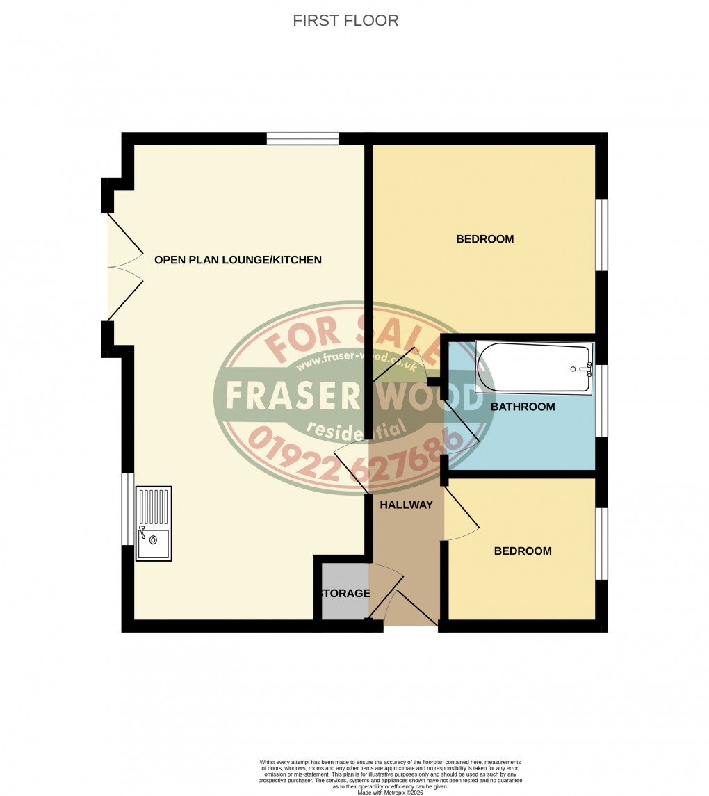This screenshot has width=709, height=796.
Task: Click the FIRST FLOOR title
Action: (345, 20)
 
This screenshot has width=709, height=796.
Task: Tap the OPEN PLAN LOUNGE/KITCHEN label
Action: (238, 260)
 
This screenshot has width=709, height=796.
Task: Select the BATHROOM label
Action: (523, 407)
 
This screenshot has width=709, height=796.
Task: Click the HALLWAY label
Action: (406, 505)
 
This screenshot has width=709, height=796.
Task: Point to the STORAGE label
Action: (345, 594)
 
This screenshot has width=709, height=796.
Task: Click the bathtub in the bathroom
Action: (533, 368)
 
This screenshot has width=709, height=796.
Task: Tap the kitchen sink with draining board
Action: (154, 523)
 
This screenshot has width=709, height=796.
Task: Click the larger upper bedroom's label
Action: (484, 239)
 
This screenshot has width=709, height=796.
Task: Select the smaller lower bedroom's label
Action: (523, 551)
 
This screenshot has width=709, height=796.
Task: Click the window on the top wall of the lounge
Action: (302, 138)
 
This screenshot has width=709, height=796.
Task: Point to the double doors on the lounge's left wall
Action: (125, 268)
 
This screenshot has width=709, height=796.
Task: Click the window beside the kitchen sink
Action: (127, 509)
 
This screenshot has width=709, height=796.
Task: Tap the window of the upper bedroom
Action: (602, 235)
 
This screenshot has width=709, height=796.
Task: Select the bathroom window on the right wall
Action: (602, 400)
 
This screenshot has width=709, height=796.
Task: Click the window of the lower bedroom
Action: (602, 543)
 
